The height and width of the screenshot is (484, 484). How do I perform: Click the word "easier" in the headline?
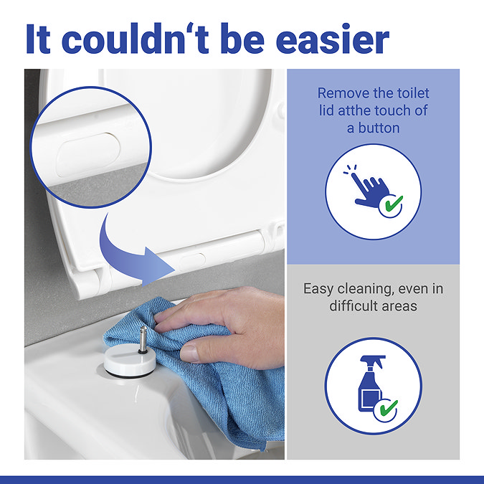[333, 39]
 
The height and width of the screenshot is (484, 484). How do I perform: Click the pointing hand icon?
[369, 189]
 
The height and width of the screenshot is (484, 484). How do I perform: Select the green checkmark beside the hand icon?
[394, 203]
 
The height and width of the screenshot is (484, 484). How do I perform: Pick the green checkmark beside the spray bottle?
[389, 408]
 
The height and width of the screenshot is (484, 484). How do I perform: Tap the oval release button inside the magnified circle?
[88, 155]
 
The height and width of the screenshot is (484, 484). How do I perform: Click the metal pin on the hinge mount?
[143, 340]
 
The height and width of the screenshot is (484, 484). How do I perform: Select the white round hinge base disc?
[130, 361]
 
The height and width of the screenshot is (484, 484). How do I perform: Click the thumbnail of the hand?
[189, 353]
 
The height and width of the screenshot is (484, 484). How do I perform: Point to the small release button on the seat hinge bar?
[193, 261]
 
